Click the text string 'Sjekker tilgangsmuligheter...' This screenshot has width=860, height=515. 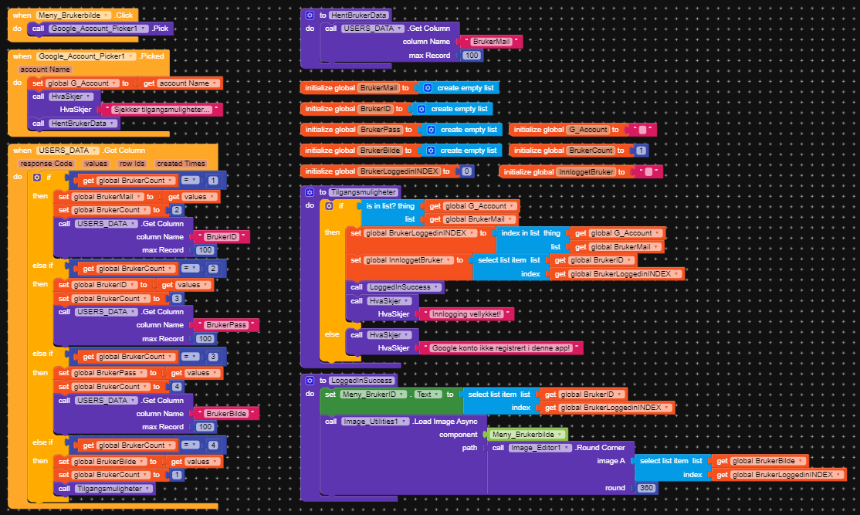click(x=162, y=110)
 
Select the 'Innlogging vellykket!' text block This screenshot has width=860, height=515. click(x=466, y=314)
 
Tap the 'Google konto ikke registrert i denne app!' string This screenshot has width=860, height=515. click(x=501, y=348)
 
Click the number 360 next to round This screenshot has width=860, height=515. click(x=646, y=488)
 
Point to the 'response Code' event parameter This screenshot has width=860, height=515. click(x=46, y=164)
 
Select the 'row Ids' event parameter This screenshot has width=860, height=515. click(x=132, y=164)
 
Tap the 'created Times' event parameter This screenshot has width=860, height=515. click(x=181, y=164)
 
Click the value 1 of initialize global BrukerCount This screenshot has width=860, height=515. click(x=641, y=151)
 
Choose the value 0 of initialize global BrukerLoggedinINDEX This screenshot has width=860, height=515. click(x=466, y=171)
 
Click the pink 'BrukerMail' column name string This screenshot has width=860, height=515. click(x=491, y=42)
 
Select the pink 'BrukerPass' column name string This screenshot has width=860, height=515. click(x=226, y=325)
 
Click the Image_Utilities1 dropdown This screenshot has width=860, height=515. click(x=375, y=422)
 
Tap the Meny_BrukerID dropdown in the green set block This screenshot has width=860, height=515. click(x=374, y=395)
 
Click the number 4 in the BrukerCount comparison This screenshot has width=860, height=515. click(x=213, y=446)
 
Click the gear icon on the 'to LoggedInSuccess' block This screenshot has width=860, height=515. click(x=310, y=381)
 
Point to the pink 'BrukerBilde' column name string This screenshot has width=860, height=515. click(x=226, y=414)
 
